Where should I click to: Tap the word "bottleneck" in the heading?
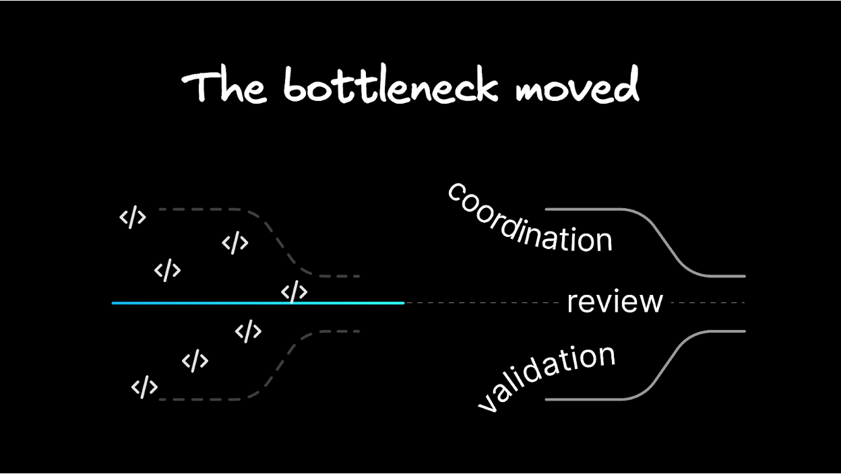point(390,87)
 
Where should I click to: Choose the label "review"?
point(615,302)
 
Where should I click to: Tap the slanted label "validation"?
point(547,376)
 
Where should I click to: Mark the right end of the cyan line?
point(403,303)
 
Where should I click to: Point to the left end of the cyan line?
point(113,303)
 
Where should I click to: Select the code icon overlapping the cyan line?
point(294,293)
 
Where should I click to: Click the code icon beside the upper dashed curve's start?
point(133,217)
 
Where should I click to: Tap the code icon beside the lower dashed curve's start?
point(144,388)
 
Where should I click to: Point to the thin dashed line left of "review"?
point(485,303)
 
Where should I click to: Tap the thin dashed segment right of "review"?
point(708,303)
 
